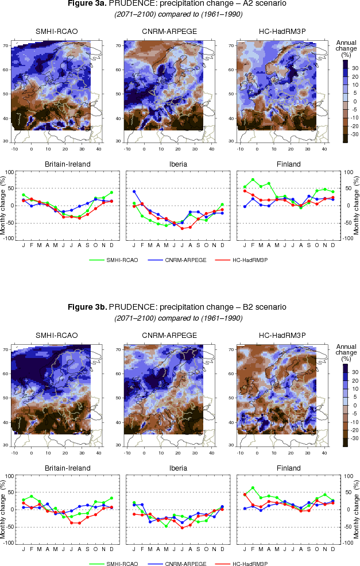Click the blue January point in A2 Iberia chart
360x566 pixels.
[x=134, y=191]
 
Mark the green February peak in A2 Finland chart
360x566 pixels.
[x=253, y=180]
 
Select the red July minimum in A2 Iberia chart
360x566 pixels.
[x=182, y=229]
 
